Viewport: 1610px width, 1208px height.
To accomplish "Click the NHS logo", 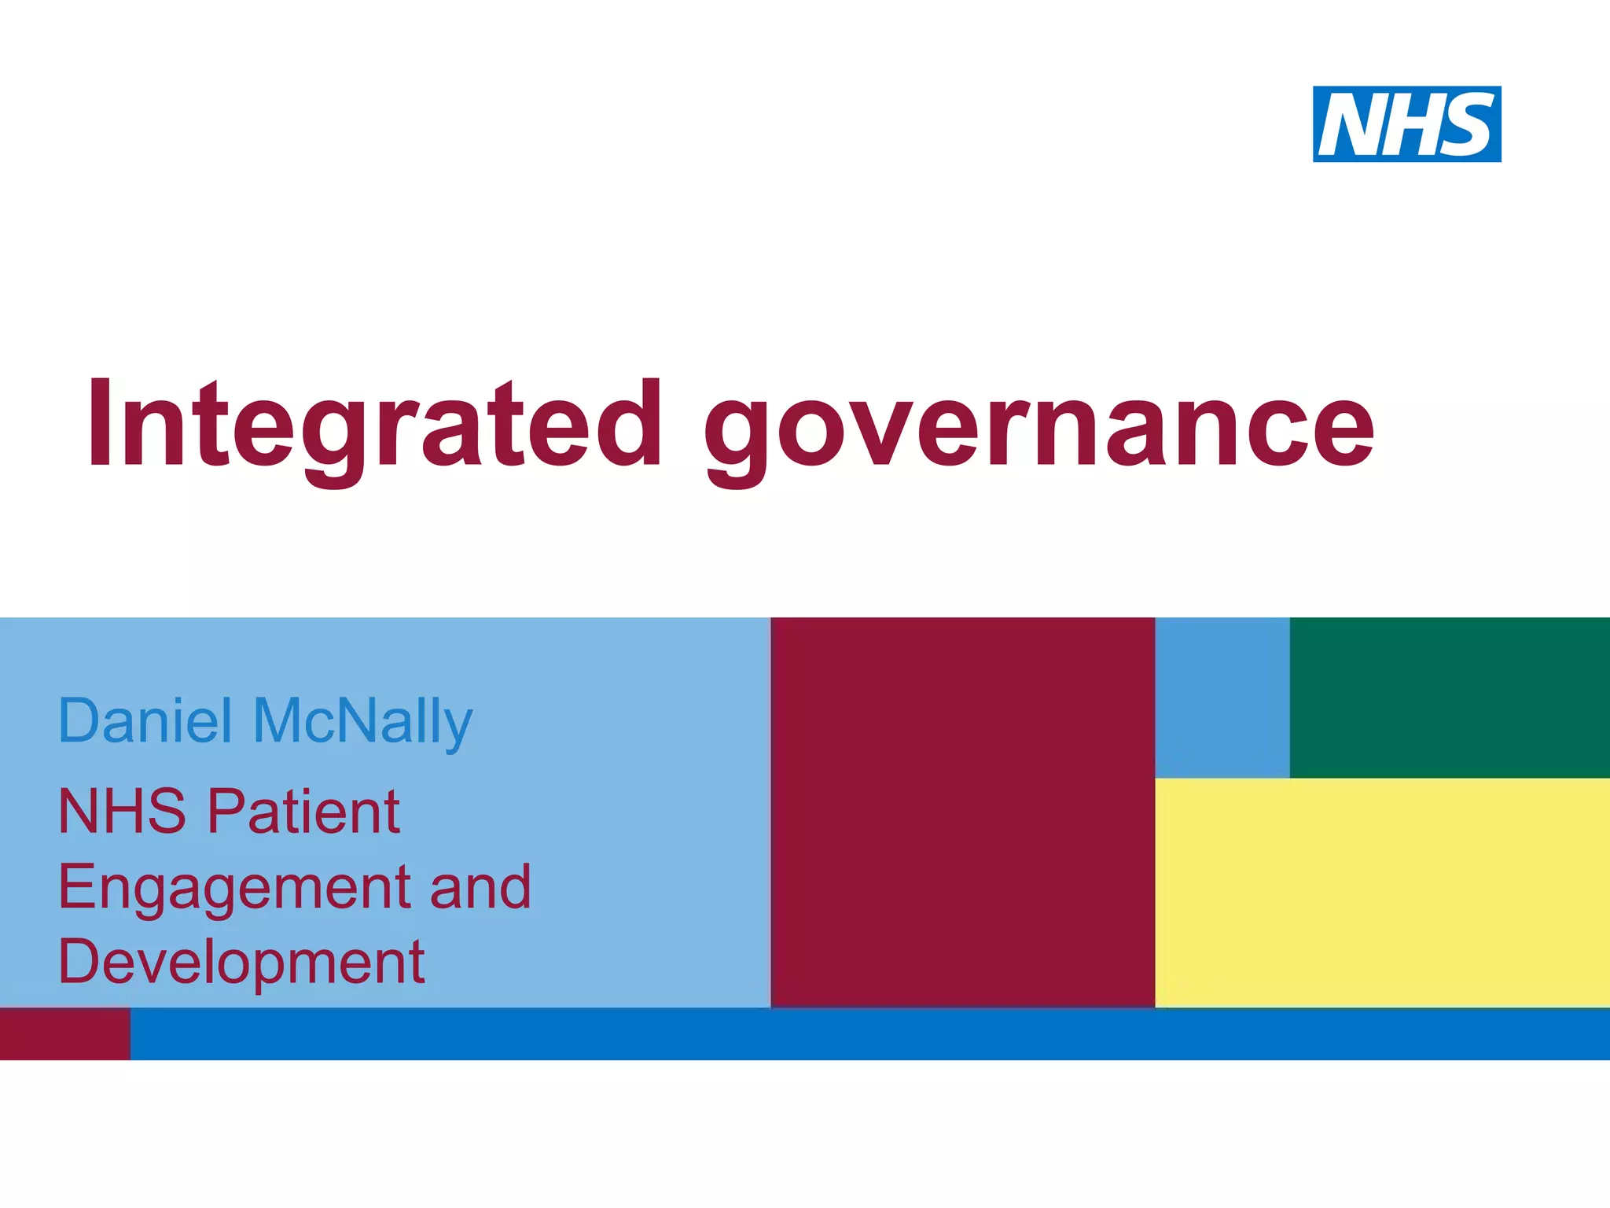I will pyautogui.click(x=1406, y=124).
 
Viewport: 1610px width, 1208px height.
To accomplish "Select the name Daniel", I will pyautogui.click(x=145, y=720).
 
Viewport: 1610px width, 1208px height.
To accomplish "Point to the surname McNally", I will pyautogui.click(x=362, y=722).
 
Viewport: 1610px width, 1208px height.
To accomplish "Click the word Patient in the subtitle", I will pyautogui.click(x=303, y=812).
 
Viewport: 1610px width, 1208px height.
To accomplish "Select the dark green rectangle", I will pyautogui.click(x=1450, y=697).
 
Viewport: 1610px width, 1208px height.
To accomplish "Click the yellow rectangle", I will pyautogui.click(x=1382, y=892).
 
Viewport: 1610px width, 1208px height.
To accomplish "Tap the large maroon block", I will pyautogui.click(x=962, y=812).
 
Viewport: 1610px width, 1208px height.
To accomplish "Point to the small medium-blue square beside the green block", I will pyautogui.click(x=1222, y=697).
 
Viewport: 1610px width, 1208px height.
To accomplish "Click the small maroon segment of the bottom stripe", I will pyautogui.click(x=64, y=1033).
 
